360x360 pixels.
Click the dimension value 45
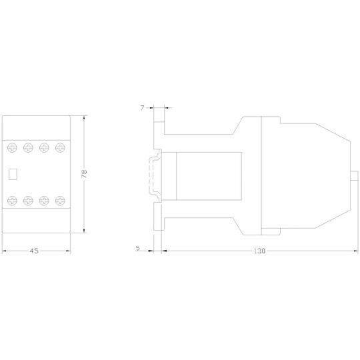(x=34, y=251)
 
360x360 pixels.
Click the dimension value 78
(x=84, y=174)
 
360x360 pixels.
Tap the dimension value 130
(x=259, y=251)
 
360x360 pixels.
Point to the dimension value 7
(x=143, y=108)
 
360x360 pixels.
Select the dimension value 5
(x=138, y=248)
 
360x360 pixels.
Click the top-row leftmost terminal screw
(x=12, y=147)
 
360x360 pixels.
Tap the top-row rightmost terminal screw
(x=60, y=147)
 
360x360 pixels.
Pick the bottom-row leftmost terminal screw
(x=12, y=201)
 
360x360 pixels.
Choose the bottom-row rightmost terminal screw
(x=60, y=201)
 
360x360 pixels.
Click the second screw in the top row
(x=28, y=147)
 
